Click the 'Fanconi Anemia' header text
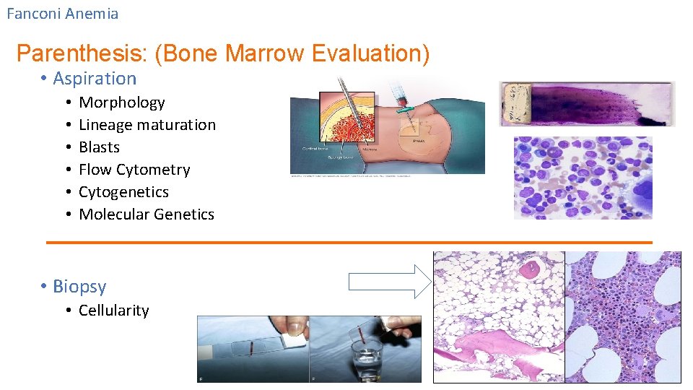62,14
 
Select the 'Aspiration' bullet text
95,79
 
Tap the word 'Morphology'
121,103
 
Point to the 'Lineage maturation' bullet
147,125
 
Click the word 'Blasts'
99,147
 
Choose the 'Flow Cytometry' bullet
134,170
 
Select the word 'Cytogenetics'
123,192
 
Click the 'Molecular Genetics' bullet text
146,214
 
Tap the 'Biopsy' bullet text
79,287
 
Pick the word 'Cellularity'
113,311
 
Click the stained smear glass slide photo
586,103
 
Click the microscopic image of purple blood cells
583,178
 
